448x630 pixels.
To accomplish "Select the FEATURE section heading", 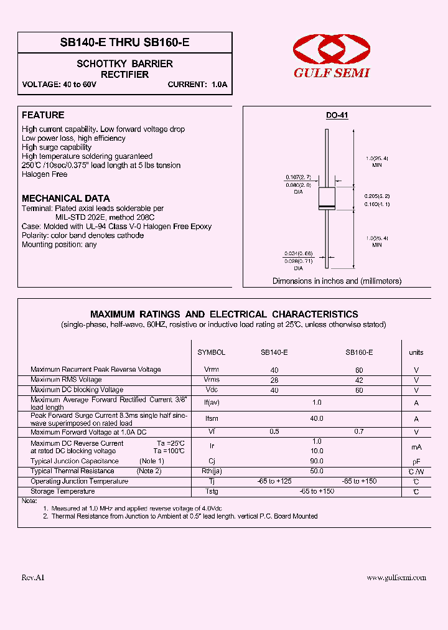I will pos(43,115).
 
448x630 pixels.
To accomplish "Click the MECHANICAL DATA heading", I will pos(65,198).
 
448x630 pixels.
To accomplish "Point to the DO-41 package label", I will pos(337,116).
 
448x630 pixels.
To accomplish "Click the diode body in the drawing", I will pos(327,200).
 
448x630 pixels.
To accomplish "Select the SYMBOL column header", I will pos(211,352).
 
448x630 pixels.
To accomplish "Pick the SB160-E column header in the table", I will pos(359,352).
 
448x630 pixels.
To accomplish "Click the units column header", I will pos(416,352).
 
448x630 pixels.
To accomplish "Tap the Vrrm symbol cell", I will pos(211,370).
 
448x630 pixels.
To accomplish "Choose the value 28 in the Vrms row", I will pos(274,380).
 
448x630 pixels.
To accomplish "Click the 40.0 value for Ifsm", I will pos(317,419).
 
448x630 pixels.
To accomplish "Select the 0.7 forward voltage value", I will pos(359,431).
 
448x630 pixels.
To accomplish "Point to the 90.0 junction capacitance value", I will pos(317,461).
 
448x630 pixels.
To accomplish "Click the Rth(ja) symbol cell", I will pos(211,471).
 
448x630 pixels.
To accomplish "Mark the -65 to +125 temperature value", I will pos(274,481).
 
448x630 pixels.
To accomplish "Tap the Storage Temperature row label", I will pos(63,492).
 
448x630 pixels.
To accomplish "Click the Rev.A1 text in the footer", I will pos(33,578).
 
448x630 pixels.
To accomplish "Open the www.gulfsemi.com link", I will pos(396,578).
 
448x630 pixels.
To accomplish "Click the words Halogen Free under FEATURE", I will pos(44,175).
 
